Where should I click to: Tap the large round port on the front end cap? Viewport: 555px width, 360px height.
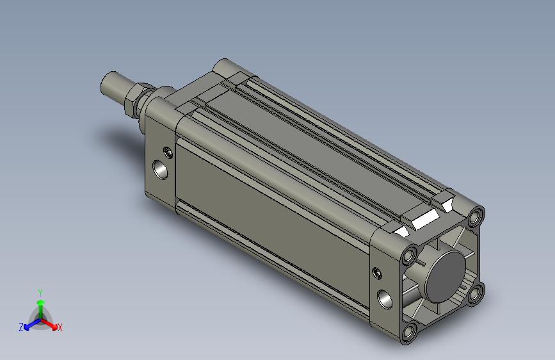tap(160, 170)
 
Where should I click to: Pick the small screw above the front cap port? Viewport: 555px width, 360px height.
tap(169, 152)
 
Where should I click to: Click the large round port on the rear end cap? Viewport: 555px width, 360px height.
tap(384, 299)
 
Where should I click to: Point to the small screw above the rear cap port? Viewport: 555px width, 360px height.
tap(378, 273)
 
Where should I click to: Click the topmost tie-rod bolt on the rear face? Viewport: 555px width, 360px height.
tap(476, 216)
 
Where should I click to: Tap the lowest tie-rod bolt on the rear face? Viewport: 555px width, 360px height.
tap(410, 332)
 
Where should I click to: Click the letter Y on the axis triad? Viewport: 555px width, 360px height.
tap(40, 293)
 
